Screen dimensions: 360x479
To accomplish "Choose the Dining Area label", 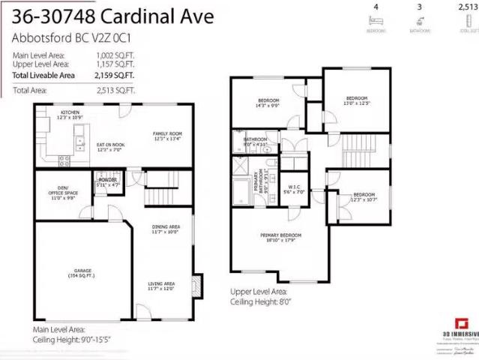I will [166, 229].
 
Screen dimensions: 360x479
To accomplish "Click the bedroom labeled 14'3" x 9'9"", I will [268, 103].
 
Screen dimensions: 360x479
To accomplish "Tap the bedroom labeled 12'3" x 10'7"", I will [364, 196].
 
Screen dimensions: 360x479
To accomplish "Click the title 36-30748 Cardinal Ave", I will [113, 16].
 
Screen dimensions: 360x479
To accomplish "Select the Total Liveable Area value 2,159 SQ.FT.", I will [115, 75].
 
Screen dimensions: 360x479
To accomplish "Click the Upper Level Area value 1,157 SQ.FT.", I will [115, 64].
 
